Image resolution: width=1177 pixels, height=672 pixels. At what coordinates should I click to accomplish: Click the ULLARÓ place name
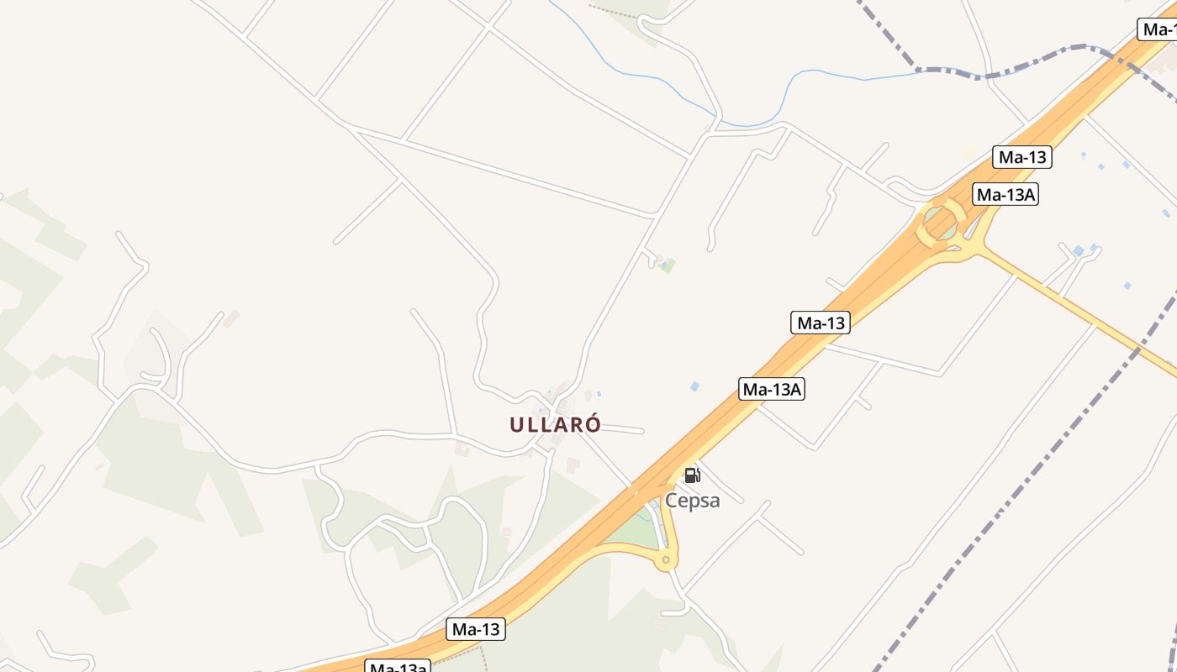point(555,424)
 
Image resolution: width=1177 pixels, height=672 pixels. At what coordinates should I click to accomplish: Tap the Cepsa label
point(693,501)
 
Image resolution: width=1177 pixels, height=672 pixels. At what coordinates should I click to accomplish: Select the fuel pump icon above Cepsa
point(692,475)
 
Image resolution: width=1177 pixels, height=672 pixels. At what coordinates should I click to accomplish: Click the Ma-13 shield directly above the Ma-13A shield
point(1022,157)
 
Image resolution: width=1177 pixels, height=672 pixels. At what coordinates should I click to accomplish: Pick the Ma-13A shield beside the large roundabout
point(1006,195)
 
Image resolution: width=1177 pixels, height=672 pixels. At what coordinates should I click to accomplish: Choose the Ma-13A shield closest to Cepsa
point(772,389)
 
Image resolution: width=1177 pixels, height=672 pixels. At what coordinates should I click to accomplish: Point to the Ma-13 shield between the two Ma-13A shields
point(821,323)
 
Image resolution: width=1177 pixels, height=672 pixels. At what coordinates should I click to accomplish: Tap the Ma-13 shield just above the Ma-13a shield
point(476,628)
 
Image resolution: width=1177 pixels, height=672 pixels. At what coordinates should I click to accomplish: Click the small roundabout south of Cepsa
point(666,559)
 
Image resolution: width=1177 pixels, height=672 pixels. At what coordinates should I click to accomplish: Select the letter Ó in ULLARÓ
point(593,424)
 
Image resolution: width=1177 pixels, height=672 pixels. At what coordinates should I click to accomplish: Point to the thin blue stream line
point(639,76)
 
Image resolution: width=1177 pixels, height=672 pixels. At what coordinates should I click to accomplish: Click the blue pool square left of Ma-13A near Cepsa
point(694,386)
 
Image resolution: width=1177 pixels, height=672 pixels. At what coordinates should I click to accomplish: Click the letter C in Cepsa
point(672,501)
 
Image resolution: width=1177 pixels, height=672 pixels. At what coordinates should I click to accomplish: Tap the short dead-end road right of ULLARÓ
point(622,429)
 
